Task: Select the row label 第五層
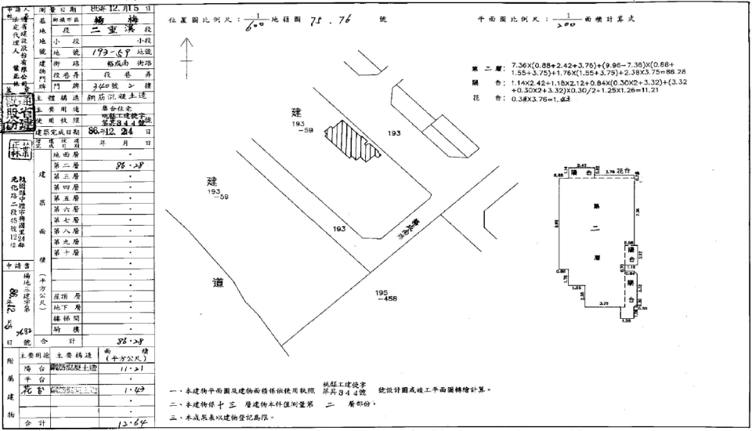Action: pyautogui.click(x=67, y=199)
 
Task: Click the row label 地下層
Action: pyautogui.click(x=67, y=308)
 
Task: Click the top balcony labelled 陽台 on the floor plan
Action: pyautogui.click(x=583, y=172)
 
